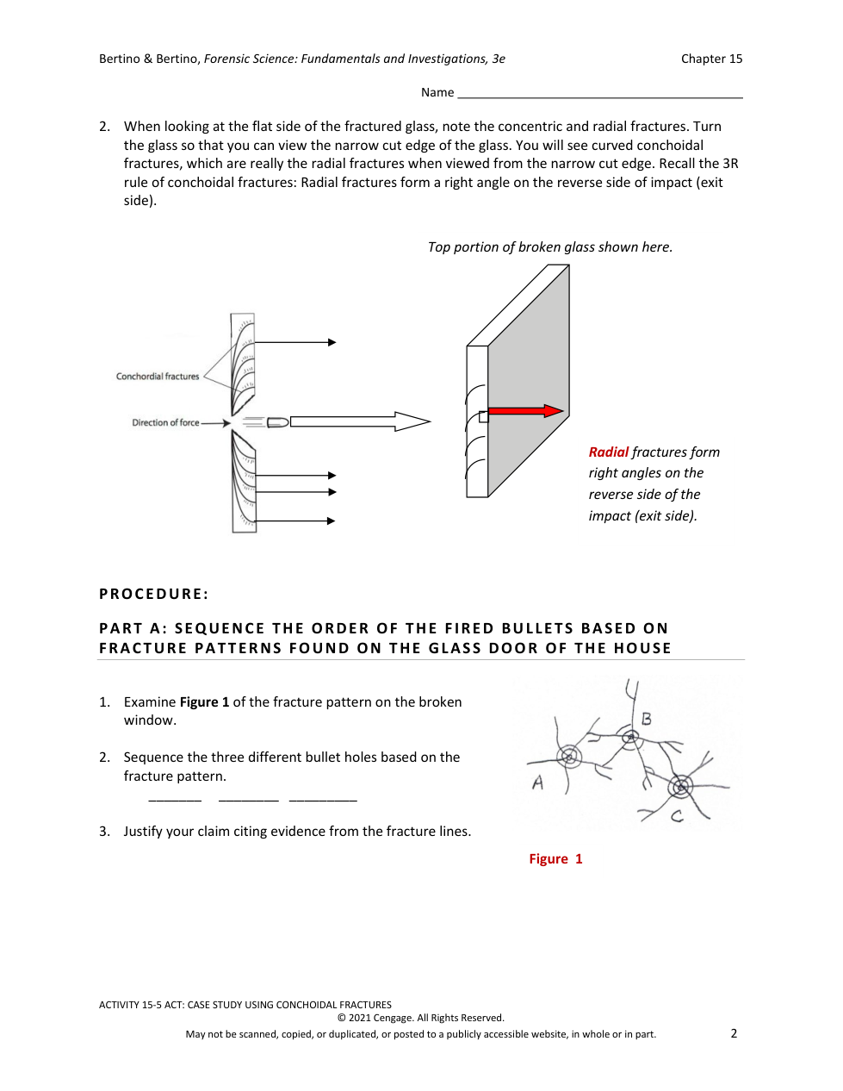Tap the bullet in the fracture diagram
point(277,422)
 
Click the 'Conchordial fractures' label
point(158,377)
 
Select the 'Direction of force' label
point(165,423)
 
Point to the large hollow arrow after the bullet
point(360,421)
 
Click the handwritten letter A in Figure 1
point(538,782)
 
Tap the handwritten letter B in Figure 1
point(647,719)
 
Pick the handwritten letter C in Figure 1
point(678,815)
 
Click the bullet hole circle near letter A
point(569,757)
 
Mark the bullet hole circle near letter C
point(681,786)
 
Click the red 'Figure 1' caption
point(555,859)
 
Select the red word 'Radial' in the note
point(609,452)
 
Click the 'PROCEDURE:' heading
point(154,594)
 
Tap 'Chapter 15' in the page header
point(711,59)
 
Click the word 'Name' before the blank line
point(437,92)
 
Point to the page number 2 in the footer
point(734,1033)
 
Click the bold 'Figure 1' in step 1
point(204,702)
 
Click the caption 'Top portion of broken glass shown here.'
point(550,247)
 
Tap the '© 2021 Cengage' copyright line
point(421,1018)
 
